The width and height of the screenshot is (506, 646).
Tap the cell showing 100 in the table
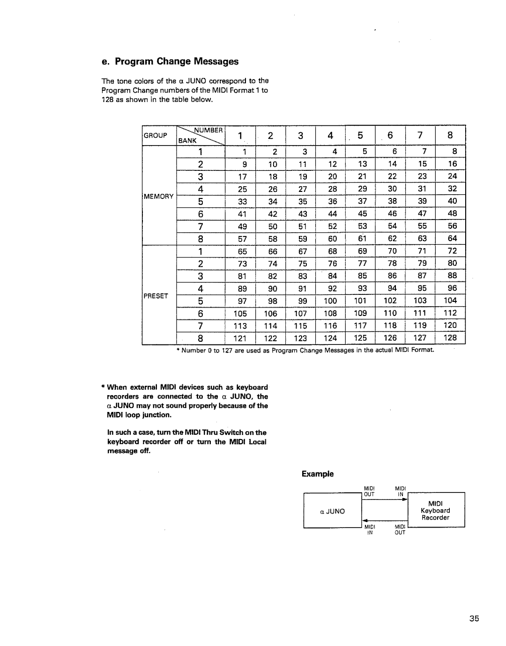331,301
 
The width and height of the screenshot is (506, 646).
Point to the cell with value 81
242,276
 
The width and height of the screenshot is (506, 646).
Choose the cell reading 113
243,325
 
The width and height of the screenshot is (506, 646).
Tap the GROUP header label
156,135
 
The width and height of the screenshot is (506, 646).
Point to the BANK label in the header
185,140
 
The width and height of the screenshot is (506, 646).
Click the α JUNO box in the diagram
333,511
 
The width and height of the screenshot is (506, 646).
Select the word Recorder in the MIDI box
435,518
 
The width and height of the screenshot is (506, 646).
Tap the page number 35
472,619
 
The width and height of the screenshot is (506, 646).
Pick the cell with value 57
242,238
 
